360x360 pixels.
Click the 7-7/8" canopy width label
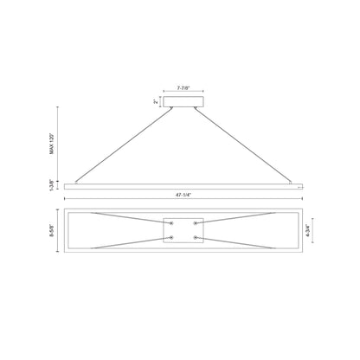click(183, 88)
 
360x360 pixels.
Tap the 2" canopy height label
click(156, 101)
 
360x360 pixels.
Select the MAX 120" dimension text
click(52, 144)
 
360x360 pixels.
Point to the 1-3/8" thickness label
click(52, 185)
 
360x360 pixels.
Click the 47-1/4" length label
click(183, 195)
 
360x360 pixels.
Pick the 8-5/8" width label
click(52, 230)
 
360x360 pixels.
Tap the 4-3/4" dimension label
click(308, 230)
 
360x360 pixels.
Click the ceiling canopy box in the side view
click(183, 101)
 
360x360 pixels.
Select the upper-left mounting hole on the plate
click(171, 223)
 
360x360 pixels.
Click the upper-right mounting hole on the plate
click(196, 223)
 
